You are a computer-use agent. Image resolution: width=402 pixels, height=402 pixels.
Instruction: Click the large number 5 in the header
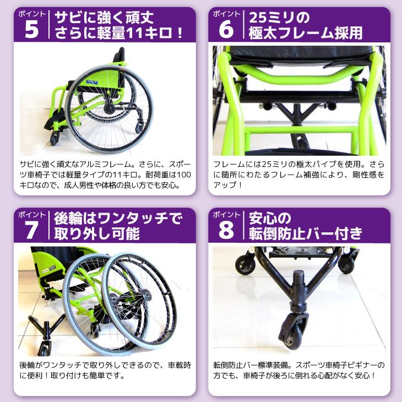click(x=32, y=30)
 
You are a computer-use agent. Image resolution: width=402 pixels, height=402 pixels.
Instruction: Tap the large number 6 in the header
click(x=226, y=30)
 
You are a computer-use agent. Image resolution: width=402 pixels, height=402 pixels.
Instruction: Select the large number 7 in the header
click(x=32, y=230)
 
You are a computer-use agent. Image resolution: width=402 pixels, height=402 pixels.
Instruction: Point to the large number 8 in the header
click(x=226, y=230)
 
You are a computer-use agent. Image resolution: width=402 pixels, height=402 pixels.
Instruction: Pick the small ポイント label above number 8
click(x=226, y=213)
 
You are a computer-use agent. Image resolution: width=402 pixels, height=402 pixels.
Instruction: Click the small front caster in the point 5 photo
click(x=55, y=138)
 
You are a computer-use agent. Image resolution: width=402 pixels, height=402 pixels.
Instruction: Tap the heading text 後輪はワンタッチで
click(x=117, y=218)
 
